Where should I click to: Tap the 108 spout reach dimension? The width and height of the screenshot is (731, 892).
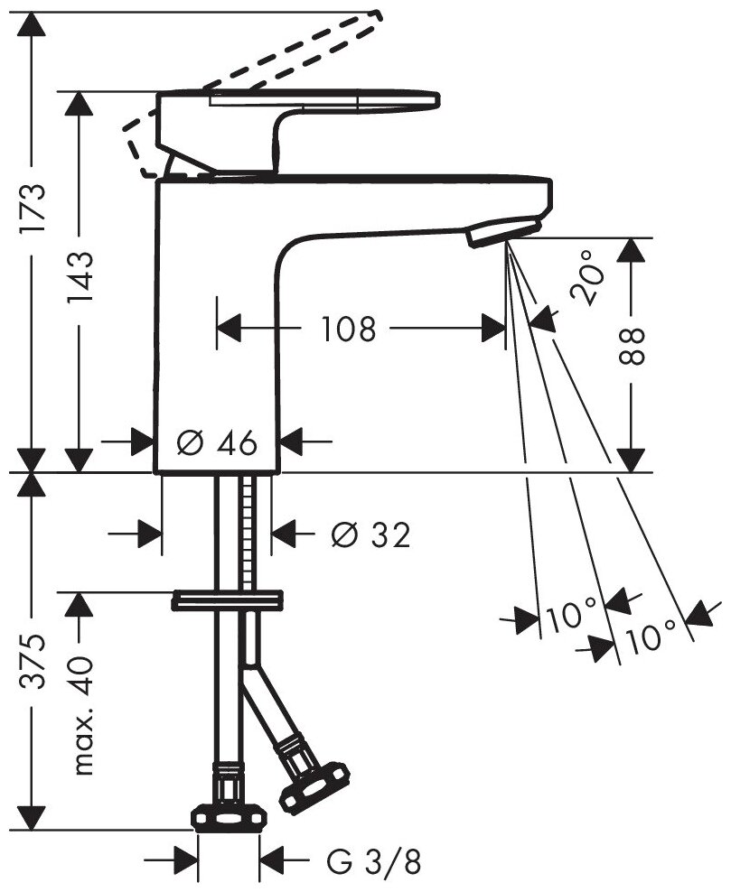coord(349,330)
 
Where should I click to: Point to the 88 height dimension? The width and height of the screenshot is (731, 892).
coord(635,345)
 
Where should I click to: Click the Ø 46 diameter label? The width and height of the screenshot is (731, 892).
coord(217,442)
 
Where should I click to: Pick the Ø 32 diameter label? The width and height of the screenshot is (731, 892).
coord(370,535)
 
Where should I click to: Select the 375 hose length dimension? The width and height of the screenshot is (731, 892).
coord(33,663)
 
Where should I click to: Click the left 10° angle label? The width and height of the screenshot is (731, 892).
coord(567,619)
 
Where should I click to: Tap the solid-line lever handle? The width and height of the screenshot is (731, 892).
coord(298,113)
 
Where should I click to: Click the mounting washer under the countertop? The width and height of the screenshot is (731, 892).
coord(228,599)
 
